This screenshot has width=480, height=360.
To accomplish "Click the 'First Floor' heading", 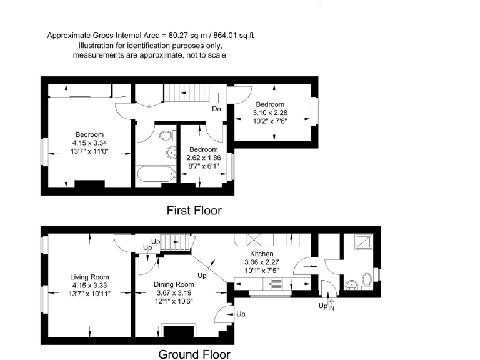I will [194, 211].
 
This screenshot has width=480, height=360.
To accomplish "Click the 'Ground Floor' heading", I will [194, 354].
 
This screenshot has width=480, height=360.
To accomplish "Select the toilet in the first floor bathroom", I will [166, 135].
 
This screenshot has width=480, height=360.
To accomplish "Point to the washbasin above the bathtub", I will [170, 152].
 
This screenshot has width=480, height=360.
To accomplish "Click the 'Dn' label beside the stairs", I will [217, 109].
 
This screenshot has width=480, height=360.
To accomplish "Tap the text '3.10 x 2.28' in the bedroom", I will [269, 112].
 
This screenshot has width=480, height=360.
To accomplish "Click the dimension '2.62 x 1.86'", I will [204, 158].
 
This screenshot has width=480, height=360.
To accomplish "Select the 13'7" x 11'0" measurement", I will [89, 151].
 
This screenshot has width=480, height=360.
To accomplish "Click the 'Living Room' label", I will [90, 277].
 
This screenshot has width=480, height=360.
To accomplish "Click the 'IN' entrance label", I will [331, 308].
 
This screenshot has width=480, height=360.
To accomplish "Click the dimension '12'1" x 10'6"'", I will [174, 301].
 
